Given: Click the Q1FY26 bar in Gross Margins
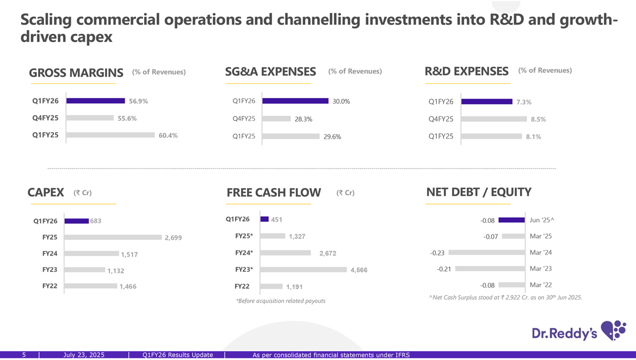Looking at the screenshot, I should (x=96, y=101).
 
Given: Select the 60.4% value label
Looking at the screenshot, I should (x=168, y=135).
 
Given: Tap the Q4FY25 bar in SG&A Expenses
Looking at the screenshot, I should (x=276, y=119).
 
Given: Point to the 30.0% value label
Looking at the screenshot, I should (x=341, y=102).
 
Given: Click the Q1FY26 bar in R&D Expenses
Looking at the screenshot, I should (x=486, y=101).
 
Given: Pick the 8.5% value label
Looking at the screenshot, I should (x=538, y=120).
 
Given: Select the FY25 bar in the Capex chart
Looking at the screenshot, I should (x=113, y=237).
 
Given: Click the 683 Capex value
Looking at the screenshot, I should (x=96, y=221).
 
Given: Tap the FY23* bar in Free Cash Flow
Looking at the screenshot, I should (x=304, y=269).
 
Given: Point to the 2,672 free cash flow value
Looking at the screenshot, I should (x=328, y=253).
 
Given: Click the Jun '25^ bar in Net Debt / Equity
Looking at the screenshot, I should (x=511, y=220).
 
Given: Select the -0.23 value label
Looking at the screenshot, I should (x=437, y=253).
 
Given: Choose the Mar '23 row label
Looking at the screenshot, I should (x=541, y=269).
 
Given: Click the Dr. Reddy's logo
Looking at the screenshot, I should (x=578, y=331).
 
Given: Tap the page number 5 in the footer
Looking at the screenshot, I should (x=24, y=355).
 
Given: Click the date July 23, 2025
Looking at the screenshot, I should (x=84, y=355).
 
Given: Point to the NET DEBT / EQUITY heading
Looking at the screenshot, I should (x=479, y=192).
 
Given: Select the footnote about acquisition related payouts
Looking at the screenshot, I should (x=281, y=301).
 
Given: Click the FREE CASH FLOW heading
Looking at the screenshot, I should (x=274, y=193).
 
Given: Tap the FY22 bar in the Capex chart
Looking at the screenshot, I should (x=90, y=286).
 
